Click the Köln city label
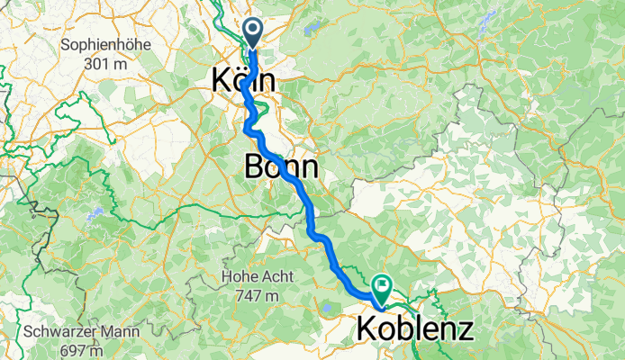point(244,80)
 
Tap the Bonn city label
point(280,167)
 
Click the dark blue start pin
point(251,33)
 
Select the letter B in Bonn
point(255,167)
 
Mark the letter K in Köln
point(220,80)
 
